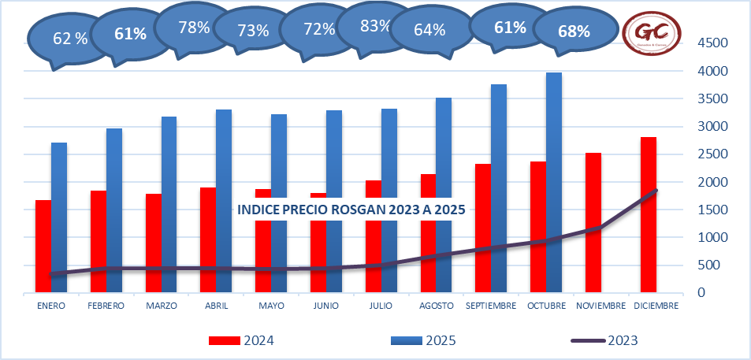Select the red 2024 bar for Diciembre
click(x=648, y=213)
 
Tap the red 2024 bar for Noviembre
click(x=593, y=221)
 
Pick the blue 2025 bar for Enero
click(x=59, y=213)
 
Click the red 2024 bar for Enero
click(x=43, y=244)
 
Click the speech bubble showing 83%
click(x=375, y=27)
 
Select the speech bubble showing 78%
click(x=194, y=28)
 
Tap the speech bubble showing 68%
click(x=573, y=32)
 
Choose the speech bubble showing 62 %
click(x=70, y=37)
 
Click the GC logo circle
click(x=651, y=33)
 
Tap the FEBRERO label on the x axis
click(x=106, y=306)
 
